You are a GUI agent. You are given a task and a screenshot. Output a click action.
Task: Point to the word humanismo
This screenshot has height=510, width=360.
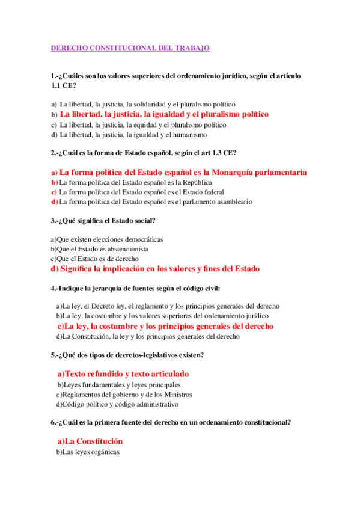tap(189, 135)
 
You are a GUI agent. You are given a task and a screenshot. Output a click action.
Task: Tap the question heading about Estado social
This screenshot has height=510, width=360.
tap(103, 220)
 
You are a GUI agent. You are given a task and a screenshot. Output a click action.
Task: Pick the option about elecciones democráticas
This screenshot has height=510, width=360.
tap(107, 239)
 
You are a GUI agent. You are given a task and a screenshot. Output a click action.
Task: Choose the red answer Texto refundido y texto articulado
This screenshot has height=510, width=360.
tap(123, 373)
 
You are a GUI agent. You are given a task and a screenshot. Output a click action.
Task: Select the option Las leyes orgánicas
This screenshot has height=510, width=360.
tap(88, 452)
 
